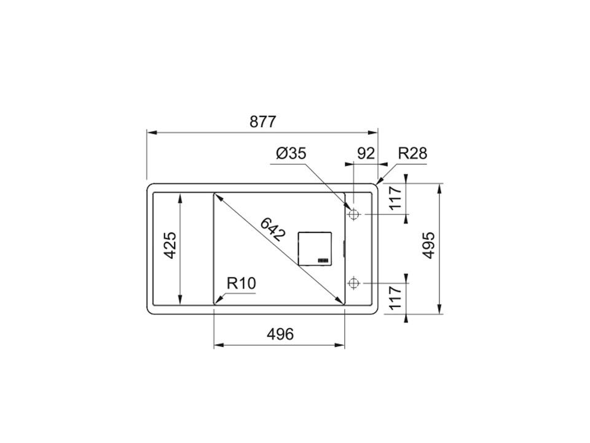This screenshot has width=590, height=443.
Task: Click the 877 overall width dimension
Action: pos(262,122)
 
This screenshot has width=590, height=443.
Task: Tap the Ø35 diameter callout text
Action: pos(291,153)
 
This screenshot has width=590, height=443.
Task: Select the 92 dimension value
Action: pos(366,153)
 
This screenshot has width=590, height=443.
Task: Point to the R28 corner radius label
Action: pos(412,153)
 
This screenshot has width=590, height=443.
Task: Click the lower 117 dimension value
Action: pos(396,298)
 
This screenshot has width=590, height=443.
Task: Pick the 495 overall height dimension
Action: pos(428,245)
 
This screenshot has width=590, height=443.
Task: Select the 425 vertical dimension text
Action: pos(170,245)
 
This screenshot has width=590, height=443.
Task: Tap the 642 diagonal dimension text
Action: pos(273,229)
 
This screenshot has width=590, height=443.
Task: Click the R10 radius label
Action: pos(241,283)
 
